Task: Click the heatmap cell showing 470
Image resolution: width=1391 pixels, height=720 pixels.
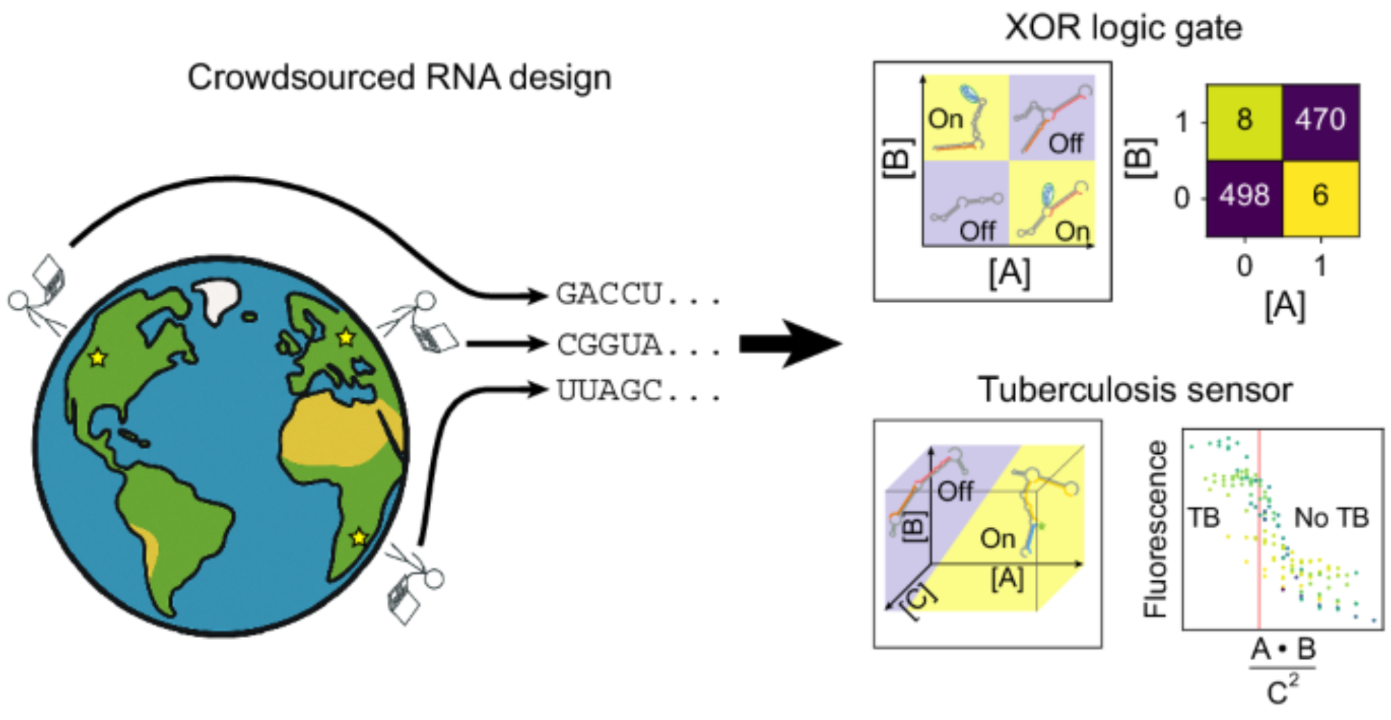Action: coord(1320,121)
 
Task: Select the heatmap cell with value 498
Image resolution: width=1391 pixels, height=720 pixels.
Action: coord(1244,197)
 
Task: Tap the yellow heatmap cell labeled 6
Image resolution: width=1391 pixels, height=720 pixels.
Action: coord(1320,197)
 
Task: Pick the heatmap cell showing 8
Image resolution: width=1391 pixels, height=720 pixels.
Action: coord(1244,121)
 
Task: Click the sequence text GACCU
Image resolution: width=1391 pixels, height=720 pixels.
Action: coord(609,295)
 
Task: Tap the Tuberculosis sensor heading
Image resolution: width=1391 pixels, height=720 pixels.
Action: coord(1135,390)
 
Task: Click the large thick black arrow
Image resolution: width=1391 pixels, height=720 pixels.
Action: coord(789,343)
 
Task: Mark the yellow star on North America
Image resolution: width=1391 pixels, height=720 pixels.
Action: coord(98,358)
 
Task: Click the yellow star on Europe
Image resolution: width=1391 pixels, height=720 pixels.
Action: coord(346,338)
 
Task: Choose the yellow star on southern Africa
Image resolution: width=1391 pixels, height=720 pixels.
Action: coord(358,537)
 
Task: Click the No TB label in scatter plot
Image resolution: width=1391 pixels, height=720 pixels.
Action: coord(1330,518)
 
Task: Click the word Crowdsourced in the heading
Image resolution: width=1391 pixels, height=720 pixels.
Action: coord(301,77)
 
